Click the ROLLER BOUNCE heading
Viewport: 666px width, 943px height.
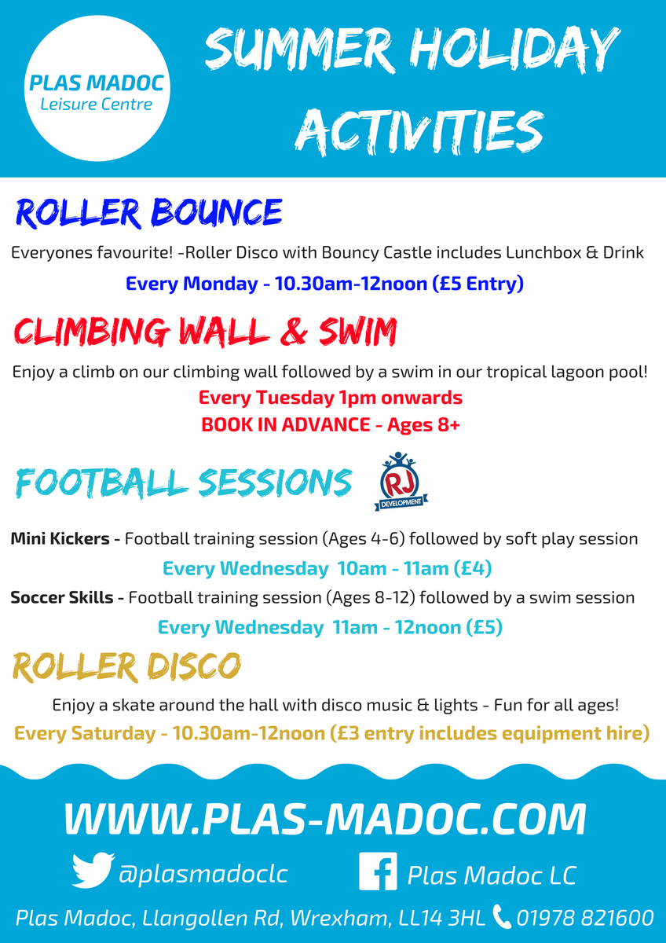[x=148, y=213]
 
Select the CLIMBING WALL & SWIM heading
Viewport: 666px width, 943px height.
[x=205, y=332]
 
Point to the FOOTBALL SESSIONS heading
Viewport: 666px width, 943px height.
[x=183, y=483]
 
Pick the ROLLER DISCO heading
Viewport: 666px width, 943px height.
[x=126, y=667]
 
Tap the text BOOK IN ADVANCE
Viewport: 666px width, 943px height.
[x=285, y=424]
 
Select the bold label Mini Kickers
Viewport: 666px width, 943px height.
[x=65, y=539]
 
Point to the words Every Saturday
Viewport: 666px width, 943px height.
[x=85, y=734]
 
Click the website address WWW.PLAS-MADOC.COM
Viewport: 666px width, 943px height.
[x=325, y=819]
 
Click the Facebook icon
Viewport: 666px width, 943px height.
[x=377, y=873]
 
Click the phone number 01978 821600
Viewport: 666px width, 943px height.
[x=584, y=917]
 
